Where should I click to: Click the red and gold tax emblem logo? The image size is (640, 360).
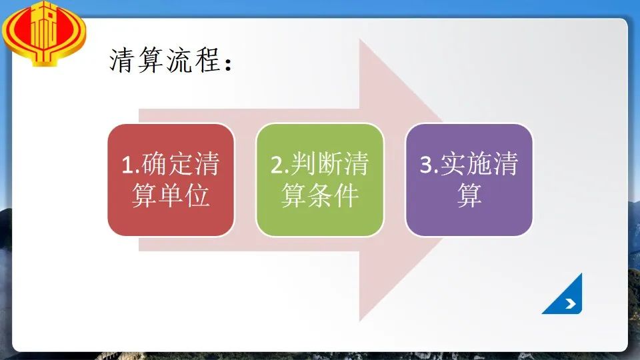44,33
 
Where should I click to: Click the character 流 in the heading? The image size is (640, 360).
179,60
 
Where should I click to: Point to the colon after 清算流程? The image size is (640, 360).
228,64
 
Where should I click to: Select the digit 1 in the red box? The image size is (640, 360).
128,165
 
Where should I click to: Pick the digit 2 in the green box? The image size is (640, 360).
277,165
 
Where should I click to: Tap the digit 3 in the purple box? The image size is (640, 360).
427,165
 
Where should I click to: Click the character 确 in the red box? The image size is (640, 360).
154,164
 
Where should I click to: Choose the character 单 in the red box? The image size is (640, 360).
171,195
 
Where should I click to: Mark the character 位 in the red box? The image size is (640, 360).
197,195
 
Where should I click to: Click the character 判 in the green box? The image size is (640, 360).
303,164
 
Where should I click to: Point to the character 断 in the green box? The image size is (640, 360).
330,164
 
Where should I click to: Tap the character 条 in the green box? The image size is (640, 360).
321,195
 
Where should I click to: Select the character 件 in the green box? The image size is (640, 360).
347,195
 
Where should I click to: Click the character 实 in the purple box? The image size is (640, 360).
453,164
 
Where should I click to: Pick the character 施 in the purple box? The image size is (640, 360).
479,164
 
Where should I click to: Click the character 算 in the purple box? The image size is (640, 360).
469,195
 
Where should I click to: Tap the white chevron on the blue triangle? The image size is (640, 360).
571,303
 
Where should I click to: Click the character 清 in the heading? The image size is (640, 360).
122,60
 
